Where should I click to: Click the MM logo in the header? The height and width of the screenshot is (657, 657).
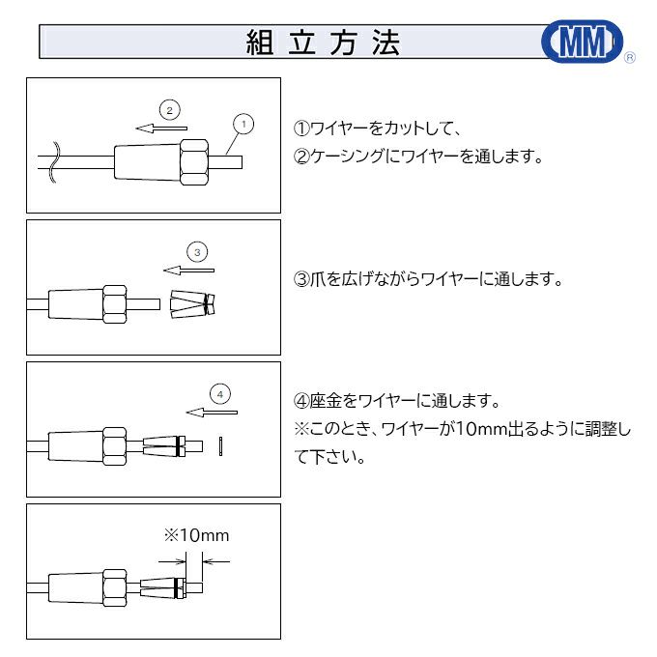(x=582, y=42)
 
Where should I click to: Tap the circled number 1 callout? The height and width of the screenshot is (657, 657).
(x=243, y=124)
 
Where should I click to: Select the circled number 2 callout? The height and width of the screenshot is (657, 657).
(x=169, y=109)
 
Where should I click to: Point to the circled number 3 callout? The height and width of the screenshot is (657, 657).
(x=196, y=252)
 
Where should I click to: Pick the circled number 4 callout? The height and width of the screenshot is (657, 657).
(x=220, y=394)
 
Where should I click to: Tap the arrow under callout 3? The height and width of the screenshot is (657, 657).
(x=188, y=270)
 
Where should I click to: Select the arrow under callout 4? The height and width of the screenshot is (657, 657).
(x=212, y=412)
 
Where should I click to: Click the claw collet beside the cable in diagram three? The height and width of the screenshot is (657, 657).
(x=191, y=303)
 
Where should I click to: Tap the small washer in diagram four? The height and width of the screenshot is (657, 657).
(x=222, y=445)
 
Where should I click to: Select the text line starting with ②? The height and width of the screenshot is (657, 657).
(x=417, y=156)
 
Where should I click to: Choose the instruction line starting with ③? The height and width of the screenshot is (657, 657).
(x=427, y=279)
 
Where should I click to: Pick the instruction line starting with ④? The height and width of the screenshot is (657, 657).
(x=395, y=401)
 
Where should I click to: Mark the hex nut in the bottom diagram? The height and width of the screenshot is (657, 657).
(x=115, y=586)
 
